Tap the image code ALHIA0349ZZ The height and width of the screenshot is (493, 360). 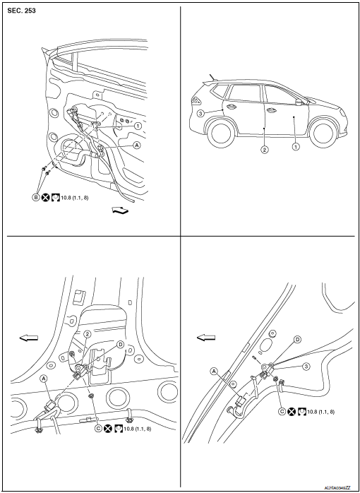337,487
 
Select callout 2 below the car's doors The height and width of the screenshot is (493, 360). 263,150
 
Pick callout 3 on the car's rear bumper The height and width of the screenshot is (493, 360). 201,113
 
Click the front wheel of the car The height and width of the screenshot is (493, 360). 323,133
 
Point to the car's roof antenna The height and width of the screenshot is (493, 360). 210,77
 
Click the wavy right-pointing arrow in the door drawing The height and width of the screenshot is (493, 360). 121,210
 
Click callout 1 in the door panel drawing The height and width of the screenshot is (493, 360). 138,126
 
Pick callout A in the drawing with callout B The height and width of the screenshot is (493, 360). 136,143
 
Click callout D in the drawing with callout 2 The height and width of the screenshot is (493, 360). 120,344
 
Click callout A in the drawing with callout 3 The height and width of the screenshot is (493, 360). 212,370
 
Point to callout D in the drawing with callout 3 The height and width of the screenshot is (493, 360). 297,339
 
